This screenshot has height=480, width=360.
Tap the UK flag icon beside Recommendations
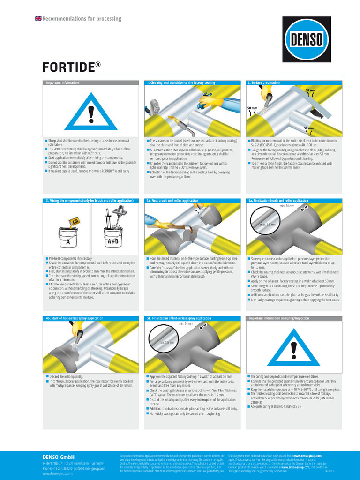(38, 18)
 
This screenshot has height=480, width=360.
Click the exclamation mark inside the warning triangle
(91, 114)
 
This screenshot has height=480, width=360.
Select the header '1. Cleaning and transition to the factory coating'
(181, 83)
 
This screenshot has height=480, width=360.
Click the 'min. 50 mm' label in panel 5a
(287, 206)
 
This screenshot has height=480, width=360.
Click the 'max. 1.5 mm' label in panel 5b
(166, 343)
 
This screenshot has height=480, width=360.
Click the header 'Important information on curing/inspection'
(279, 318)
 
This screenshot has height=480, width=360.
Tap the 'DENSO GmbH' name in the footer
(59, 456)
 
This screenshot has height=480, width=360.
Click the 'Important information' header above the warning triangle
(62, 83)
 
